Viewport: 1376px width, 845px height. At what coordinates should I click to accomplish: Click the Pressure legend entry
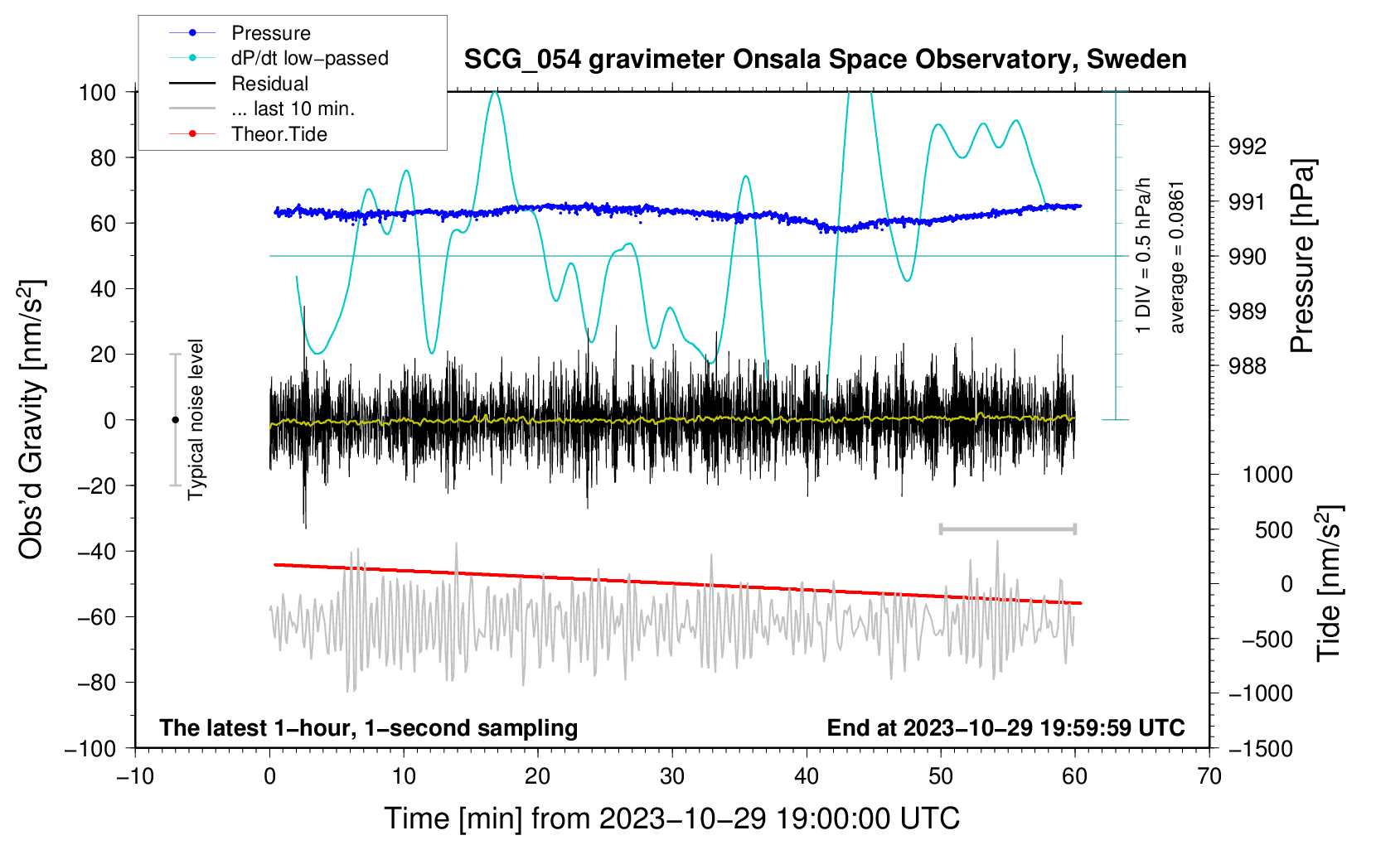pyautogui.click(x=270, y=33)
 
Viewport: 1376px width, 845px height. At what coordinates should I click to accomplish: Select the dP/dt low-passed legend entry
pyautogui.click(x=309, y=58)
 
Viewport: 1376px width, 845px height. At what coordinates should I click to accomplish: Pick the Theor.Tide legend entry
pyautogui.click(x=279, y=134)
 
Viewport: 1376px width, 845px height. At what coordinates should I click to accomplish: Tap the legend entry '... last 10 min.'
pyautogui.click(x=293, y=109)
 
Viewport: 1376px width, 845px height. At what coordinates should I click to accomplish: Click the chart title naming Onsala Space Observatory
pyautogui.click(x=825, y=60)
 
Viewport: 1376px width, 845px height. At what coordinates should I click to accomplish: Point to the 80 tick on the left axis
pyautogui.click(x=103, y=157)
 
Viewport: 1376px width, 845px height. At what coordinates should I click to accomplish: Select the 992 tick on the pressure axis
pyautogui.click(x=1248, y=147)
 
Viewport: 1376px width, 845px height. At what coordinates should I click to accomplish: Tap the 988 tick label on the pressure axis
pyautogui.click(x=1248, y=365)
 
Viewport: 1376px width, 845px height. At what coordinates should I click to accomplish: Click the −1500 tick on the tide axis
pyautogui.click(x=1260, y=748)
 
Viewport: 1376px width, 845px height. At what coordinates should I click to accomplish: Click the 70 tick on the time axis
pyautogui.click(x=1209, y=776)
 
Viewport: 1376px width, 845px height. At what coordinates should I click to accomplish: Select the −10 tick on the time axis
pyautogui.click(x=135, y=776)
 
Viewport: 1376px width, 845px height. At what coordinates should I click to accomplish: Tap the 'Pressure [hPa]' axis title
pyautogui.click(x=1302, y=256)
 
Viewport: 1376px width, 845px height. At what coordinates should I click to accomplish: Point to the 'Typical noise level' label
pyautogui.click(x=196, y=419)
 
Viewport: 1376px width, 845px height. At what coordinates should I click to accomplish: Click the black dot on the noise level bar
pyautogui.click(x=175, y=420)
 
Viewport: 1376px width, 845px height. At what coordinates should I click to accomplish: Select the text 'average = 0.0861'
pyautogui.click(x=1177, y=257)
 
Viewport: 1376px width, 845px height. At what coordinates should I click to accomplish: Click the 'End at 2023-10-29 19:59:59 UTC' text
pyautogui.click(x=1005, y=727)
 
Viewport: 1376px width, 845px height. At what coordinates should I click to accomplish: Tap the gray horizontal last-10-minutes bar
pyautogui.click(x=1007, y=529)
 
